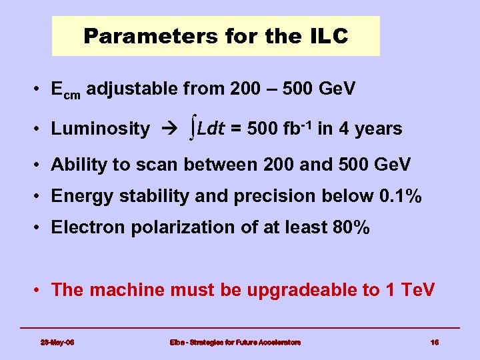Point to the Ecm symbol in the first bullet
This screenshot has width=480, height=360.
coord(65,90)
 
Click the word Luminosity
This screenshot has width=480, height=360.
coord(100,129)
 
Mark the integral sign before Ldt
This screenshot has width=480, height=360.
coord(192,128)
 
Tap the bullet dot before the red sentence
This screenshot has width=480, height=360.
coord(41,291)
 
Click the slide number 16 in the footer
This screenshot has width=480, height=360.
coord(435,342)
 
